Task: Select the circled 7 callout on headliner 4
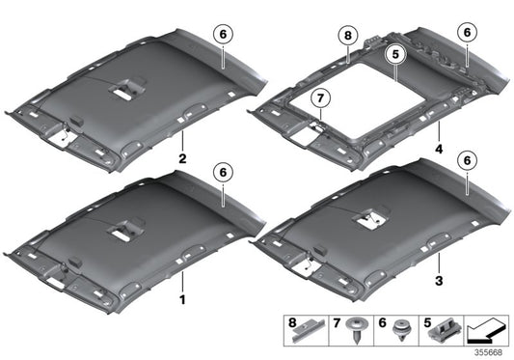(x=320, y=97)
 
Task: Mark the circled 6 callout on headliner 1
(x=223, y=171)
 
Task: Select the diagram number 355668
(x=489, y=351)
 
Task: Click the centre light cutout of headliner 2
(x=124, y=92)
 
